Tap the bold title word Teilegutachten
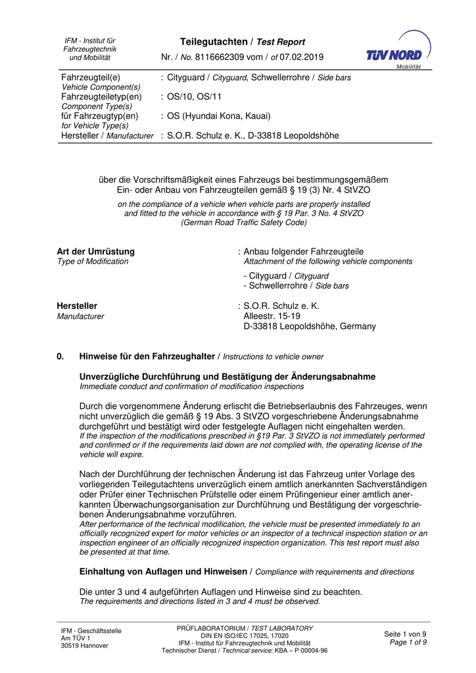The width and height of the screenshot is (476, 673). [206, 41]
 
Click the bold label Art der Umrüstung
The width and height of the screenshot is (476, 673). [95, 252]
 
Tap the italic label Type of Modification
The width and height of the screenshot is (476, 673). [93, 262]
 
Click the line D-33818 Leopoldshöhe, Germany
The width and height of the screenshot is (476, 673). [310, 326]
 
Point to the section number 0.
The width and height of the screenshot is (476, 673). [60, 356]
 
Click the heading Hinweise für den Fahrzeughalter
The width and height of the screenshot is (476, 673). [147, 356]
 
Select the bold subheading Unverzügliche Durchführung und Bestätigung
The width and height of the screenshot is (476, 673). [227, 377]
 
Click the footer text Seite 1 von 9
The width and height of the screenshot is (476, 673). [405, 634]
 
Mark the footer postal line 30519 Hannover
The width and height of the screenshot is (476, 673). [84, 645]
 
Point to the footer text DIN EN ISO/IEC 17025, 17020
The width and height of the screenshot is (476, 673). [244, 636]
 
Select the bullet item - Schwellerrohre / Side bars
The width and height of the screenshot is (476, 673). [296, 286]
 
